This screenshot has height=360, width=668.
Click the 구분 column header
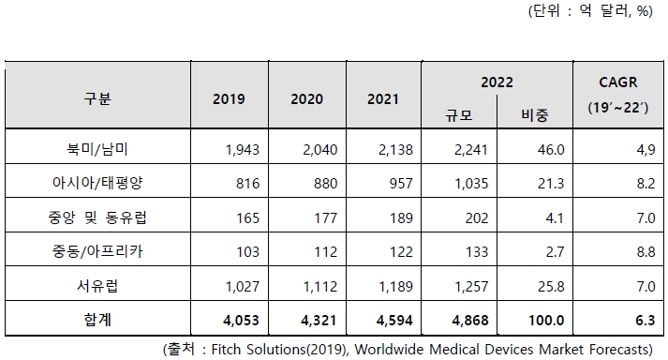(x=96, y=98)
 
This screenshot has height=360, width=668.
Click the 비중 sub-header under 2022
(x=533, y=114)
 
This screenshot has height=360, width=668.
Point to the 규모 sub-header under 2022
(x=459, y=114)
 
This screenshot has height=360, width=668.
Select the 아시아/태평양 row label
(x=96, y=184)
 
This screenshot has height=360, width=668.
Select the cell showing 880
(x=319, y=184)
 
